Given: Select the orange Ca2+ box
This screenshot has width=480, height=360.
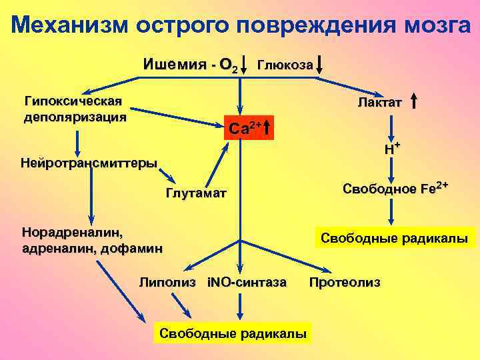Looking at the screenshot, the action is (247, 127).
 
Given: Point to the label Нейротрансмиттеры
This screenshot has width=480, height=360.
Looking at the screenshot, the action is (89, 163).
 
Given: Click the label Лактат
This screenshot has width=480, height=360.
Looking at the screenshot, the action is (379, 101).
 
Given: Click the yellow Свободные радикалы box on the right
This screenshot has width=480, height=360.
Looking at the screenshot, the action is (395, 238).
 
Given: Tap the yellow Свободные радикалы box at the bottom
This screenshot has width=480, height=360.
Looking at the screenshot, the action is (231, 332).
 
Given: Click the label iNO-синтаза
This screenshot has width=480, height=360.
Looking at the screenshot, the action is (247, 282).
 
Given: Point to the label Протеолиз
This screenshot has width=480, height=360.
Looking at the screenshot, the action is (345, 282).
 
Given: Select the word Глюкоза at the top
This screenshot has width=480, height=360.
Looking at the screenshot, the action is (285, 65).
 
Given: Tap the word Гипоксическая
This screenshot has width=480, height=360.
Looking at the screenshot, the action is (73, 101).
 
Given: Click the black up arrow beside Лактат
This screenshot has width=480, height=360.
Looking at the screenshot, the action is (415, 101).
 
